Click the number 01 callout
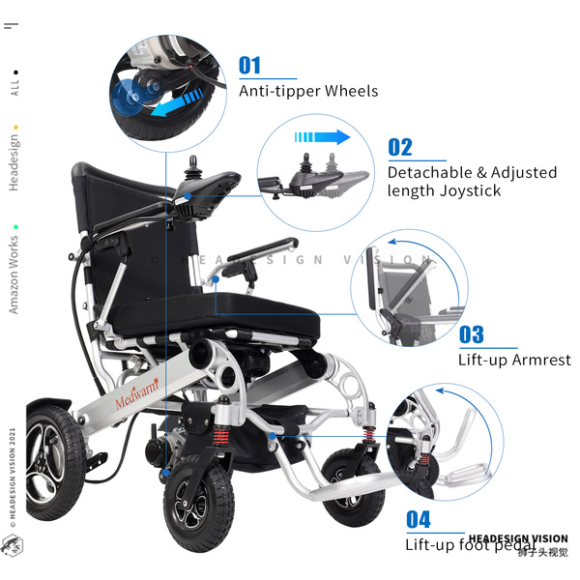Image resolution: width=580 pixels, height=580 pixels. (249, 66)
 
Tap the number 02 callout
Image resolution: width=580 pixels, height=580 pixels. (400, 148)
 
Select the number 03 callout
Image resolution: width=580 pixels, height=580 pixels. (472, 335)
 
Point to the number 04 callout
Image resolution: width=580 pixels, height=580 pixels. (418, 519)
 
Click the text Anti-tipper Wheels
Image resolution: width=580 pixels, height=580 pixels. (308, 91)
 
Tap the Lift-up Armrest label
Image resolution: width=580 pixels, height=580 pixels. (514, 361)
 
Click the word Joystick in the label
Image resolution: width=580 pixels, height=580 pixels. (468, 190)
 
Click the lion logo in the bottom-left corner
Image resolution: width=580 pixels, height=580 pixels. (12, 544)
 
